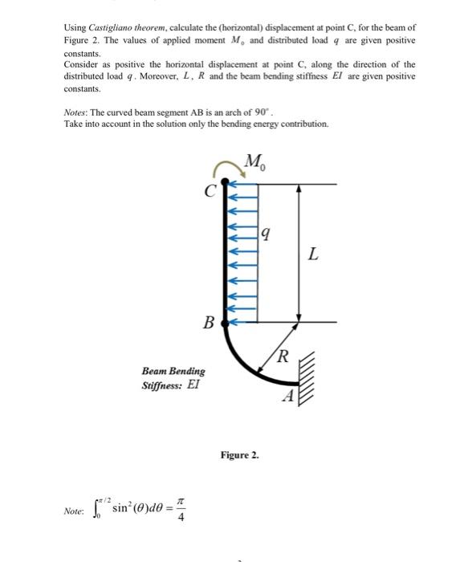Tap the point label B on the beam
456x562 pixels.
click(x=208, y=324)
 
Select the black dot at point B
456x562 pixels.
click(x=224, y=324)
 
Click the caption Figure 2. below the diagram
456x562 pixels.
click(x=239, y=455)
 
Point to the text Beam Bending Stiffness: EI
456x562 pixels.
click(x=173, y=378)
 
